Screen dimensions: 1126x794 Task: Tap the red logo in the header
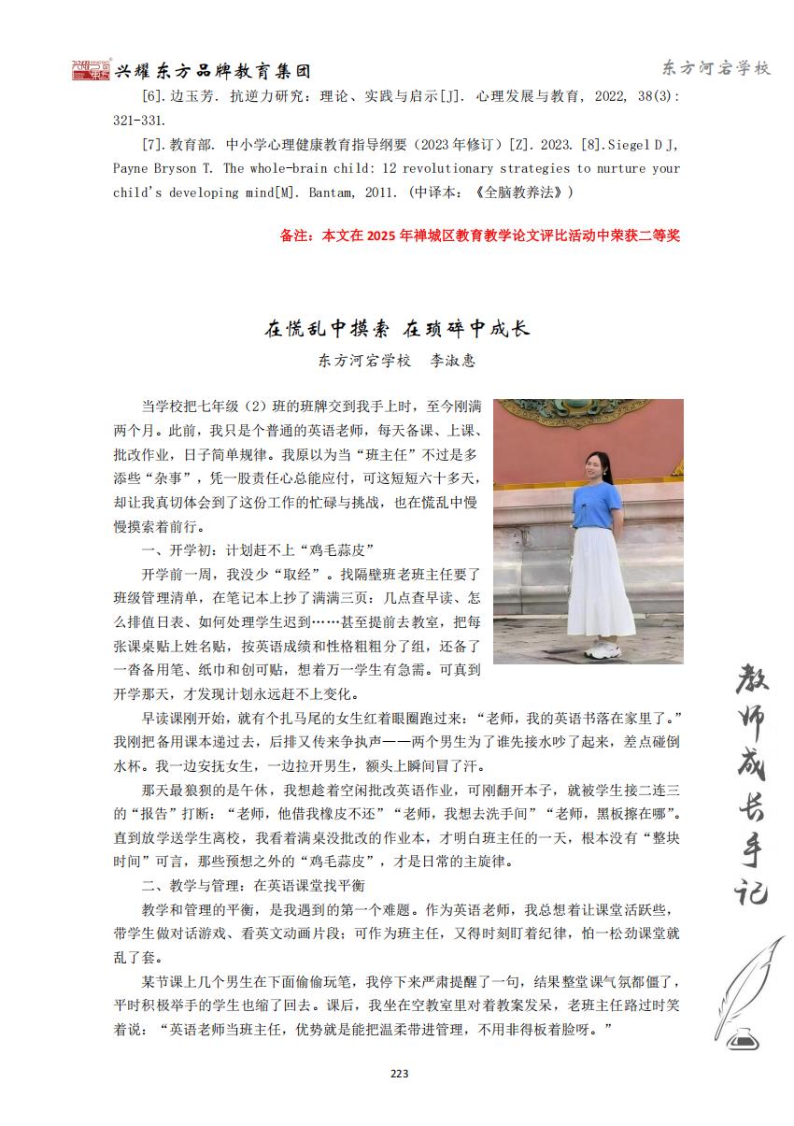pyautogui.click(x=92, y=70)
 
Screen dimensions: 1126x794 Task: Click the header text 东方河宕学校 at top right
pyautogui.click(x=716, y=68)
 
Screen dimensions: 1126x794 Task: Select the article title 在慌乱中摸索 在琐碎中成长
pyautogui.click(x=397, y=328)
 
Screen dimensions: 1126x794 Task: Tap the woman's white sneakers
pyautogui.click(x=598, y=649)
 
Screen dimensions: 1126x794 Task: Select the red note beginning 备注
pyautogui.click(x=480, y=235)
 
